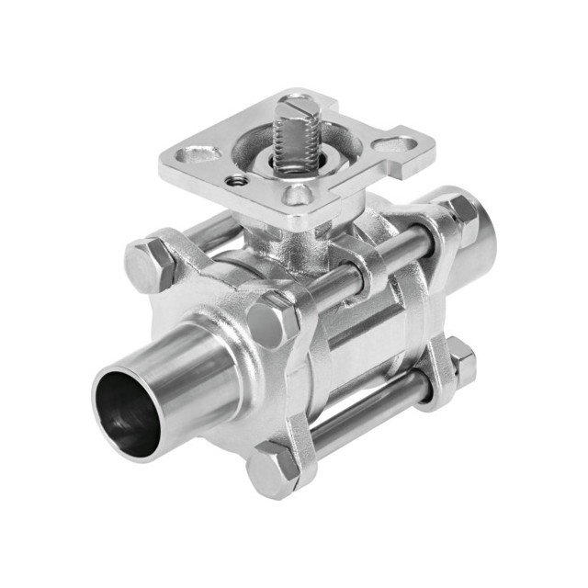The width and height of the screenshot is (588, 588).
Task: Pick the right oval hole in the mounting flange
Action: (x=395, y=144)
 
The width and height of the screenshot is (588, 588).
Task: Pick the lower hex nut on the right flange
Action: (x=460, y=362)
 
